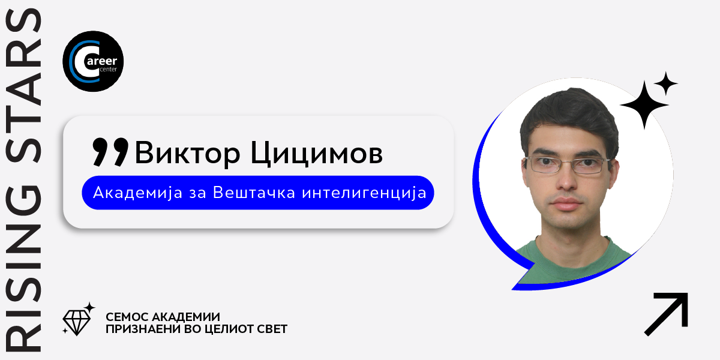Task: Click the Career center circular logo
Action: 93,61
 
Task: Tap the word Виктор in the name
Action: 187,152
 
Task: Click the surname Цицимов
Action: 317,154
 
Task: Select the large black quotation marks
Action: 110,152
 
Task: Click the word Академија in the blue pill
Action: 137,193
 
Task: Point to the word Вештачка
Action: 254,193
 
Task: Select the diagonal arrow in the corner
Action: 666,314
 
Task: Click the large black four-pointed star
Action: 644,105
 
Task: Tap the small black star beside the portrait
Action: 665,84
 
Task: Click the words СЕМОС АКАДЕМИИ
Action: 163,317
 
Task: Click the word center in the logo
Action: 109,70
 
